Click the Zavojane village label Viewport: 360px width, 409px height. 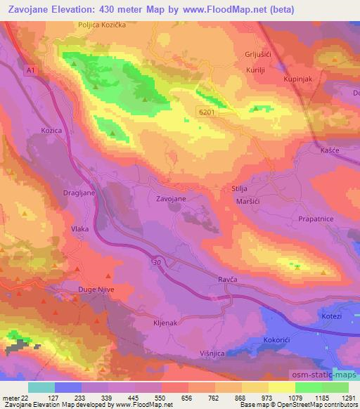click(x=171, y=199)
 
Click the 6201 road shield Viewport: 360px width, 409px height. click(x=205, y=111)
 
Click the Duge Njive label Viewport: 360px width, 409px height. click(x=96, y=289)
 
